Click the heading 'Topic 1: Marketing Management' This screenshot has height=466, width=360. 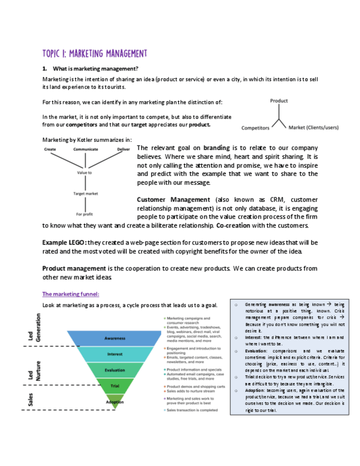95,53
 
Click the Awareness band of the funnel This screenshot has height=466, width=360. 115,338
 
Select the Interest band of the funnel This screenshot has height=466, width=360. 115,354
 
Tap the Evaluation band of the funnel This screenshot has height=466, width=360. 115,370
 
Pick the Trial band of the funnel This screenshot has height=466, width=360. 115,386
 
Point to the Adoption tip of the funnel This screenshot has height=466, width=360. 115,402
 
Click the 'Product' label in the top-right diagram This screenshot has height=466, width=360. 279,101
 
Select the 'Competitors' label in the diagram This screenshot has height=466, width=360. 256,128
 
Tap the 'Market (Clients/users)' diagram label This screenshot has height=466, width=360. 313,128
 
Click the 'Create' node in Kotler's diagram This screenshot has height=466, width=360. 50,149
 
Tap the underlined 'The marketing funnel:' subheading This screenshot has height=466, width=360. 70,294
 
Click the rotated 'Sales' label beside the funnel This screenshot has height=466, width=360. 31,401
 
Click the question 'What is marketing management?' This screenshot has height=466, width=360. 95,69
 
